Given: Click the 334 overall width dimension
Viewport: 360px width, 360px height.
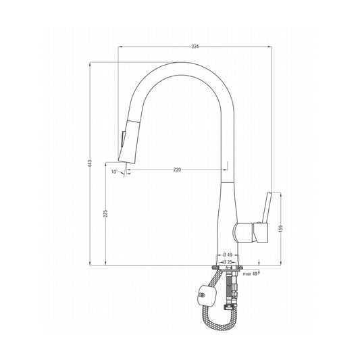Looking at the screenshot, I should coord(195,46).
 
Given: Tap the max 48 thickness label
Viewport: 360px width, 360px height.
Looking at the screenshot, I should coord(250,273).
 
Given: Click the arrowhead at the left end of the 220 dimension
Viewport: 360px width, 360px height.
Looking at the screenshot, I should coord(130,169).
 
